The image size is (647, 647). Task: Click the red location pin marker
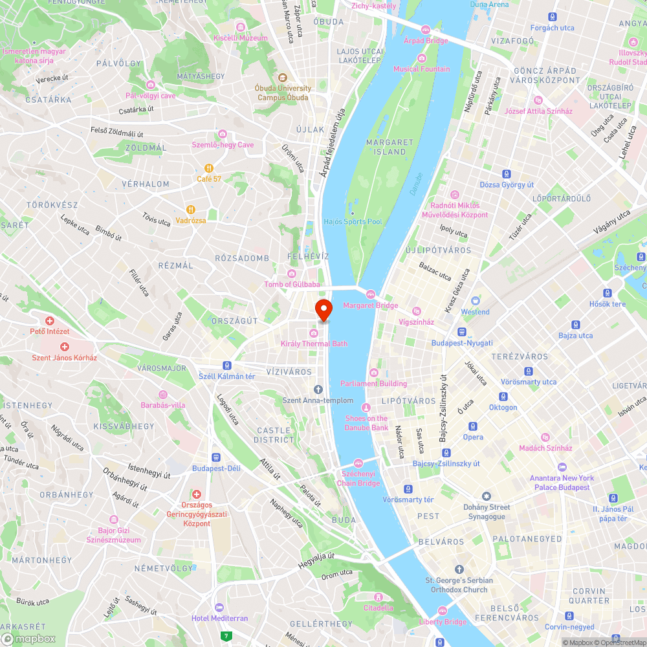click(323, 310)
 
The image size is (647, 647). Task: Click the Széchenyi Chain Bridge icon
click(358, 463)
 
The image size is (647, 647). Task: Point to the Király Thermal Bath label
click(314, 344)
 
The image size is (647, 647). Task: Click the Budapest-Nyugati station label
click(462, 343)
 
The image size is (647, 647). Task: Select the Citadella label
click(378, 608)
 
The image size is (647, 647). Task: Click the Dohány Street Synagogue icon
click(487, 496)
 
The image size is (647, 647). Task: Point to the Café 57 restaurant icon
click(209, 168)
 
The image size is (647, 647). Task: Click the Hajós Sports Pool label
click(353, 222)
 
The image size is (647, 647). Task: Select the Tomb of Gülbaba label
click(292, 284)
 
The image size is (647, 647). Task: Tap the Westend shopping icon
click(476, 301)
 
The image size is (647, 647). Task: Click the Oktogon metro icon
click(503, 397)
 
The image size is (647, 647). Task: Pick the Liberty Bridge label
click(443, 622)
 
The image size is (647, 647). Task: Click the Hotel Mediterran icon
click(219, 608)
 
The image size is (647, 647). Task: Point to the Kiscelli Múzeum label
click(241, 38)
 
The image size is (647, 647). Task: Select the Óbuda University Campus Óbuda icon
click(282, 78)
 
